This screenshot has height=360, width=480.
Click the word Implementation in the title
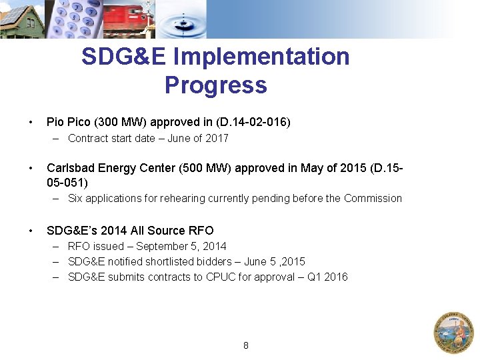tap(261, 57)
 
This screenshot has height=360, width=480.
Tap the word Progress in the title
tap(215, 85)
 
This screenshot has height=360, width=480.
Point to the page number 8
tap(246, 345)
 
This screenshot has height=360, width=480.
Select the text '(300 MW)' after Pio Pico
tap(121, 122)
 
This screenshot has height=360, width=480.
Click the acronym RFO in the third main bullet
tap(201, 231)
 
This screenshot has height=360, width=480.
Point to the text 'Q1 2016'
tap(327, 277)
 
